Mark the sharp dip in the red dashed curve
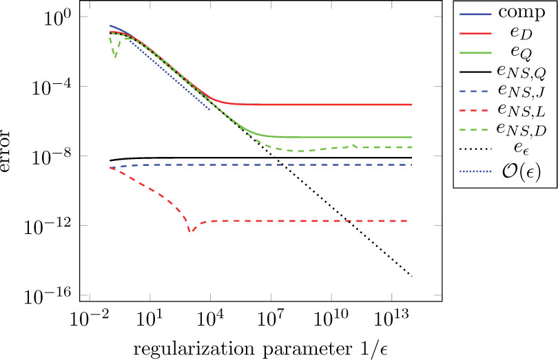click(x=191, y=231)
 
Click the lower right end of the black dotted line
click(x=411, y=275)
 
